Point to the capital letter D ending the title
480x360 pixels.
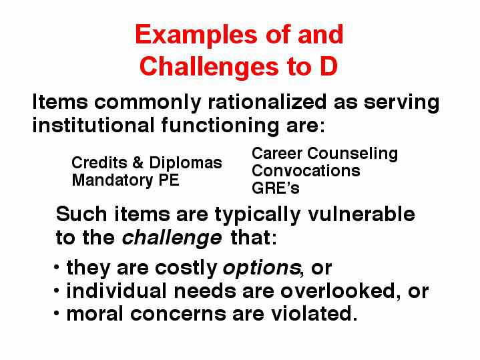point(328,66)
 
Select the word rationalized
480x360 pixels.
point(267,102)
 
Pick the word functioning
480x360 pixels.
point(220,126)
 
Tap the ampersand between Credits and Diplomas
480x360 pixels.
point(138,163)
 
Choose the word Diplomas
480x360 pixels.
point(186,163)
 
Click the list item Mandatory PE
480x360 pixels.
point(126,180)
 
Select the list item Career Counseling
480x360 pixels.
point(325,154)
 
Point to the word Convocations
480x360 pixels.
point(306,171)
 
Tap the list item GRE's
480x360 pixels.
point(276,188)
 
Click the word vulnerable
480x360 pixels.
point(361,214)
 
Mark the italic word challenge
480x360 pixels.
point(172,238)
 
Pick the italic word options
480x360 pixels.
point(262,268)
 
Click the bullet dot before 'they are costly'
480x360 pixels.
point(56,266)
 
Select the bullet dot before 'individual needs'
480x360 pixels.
point(56,290)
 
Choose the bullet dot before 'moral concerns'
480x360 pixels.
point(56,313)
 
